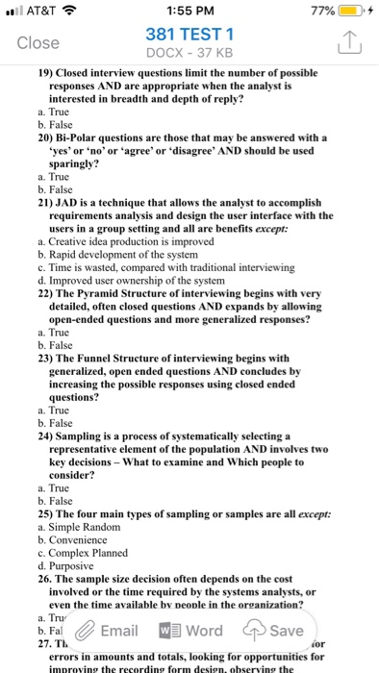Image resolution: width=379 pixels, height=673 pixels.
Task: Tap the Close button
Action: [39, 42]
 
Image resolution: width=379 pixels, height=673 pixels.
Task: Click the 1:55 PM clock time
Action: [189, 12]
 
